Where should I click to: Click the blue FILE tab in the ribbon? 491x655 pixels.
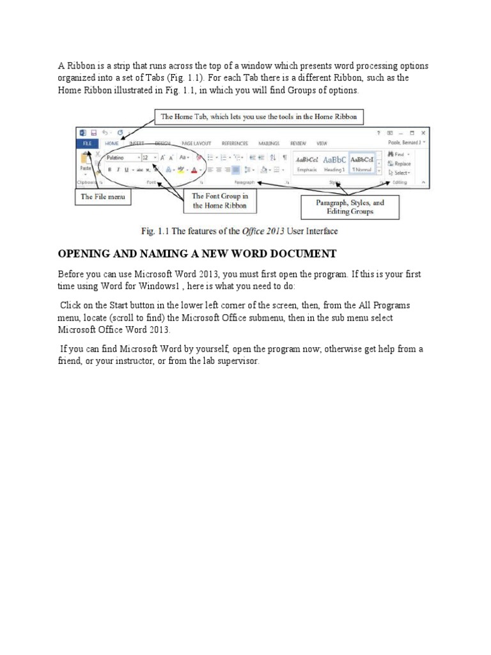86,144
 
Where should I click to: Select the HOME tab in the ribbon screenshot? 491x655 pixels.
113,144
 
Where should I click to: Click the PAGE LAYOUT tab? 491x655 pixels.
196,144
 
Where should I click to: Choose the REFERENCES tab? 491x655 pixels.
235,144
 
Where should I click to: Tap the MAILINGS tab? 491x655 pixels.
269,144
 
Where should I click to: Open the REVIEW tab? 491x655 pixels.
298,144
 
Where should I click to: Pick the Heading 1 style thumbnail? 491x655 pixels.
334,163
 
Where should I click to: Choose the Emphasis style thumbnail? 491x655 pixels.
307,163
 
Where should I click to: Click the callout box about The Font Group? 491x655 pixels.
220,201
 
